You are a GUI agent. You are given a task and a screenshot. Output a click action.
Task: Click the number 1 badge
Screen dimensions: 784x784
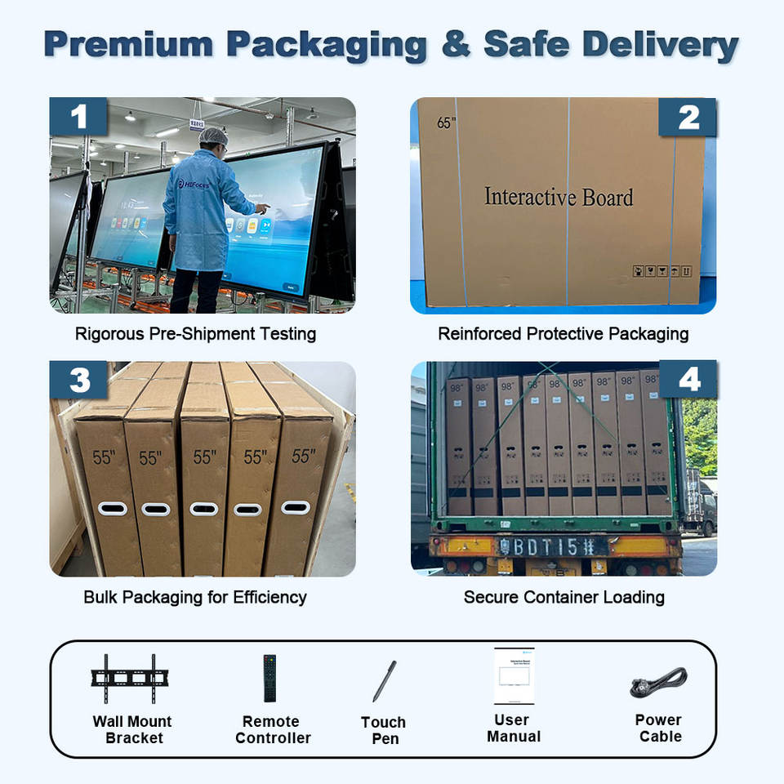point(78,117)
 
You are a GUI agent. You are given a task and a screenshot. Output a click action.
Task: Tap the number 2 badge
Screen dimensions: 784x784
point(688,117)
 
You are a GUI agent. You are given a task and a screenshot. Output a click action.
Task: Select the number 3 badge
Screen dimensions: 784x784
point(78,381)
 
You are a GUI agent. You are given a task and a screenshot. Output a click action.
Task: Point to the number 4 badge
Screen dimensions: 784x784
point(688,381)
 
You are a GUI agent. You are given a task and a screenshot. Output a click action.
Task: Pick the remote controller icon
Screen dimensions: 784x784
point(269,678)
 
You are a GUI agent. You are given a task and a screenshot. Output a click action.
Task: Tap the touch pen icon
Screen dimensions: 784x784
point(385,681)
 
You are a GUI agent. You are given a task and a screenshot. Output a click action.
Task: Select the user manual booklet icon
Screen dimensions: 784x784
point(514,676)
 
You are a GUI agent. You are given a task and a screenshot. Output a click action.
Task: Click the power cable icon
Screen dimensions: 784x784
point(658,682)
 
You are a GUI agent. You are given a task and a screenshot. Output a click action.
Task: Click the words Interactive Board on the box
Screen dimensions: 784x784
point(558,197)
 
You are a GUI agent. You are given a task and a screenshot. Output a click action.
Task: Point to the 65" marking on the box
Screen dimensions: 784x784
point(445,123)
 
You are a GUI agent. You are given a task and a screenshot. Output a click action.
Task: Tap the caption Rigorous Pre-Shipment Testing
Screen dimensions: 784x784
point(195,334)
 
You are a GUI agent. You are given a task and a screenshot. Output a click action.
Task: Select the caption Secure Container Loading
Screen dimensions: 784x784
point(563,597)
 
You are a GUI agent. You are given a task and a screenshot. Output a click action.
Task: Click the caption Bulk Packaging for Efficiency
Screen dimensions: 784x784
point(195,597)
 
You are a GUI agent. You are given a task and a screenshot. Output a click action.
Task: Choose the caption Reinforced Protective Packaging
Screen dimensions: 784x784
point(563,334)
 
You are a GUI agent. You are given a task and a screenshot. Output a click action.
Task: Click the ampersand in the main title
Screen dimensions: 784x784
point(456,47)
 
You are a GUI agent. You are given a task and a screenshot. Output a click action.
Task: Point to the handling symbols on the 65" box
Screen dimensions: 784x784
point(662,270)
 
